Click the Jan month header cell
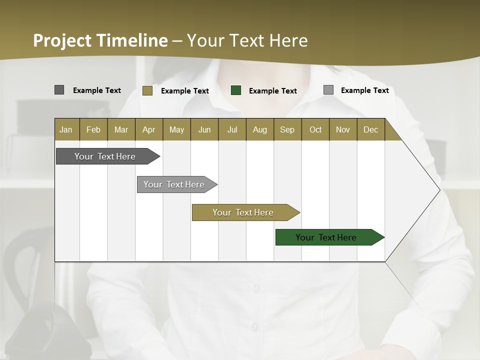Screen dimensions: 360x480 (66, 129)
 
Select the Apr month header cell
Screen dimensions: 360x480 (148, 129)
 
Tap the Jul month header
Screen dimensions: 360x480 (232, 129)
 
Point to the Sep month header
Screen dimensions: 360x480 (287, 129)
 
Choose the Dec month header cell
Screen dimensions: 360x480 (370, 129)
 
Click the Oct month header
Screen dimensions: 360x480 (315, 129)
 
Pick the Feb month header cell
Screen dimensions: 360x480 (93, 129)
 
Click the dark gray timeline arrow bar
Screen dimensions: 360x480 (105, 156)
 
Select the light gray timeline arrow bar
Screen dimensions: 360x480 (174, 184)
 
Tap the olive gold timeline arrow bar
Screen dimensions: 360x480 (243, 212)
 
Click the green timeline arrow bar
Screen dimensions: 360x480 (326, 237)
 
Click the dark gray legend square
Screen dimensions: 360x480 (59, 90)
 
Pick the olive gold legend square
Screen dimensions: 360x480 (147, 90)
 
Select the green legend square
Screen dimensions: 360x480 (236, 90)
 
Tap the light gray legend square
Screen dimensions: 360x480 (328, 90)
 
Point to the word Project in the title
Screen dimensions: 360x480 (61, 40)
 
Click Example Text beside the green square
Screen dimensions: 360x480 (272, 91)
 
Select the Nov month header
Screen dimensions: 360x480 (342, 129)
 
